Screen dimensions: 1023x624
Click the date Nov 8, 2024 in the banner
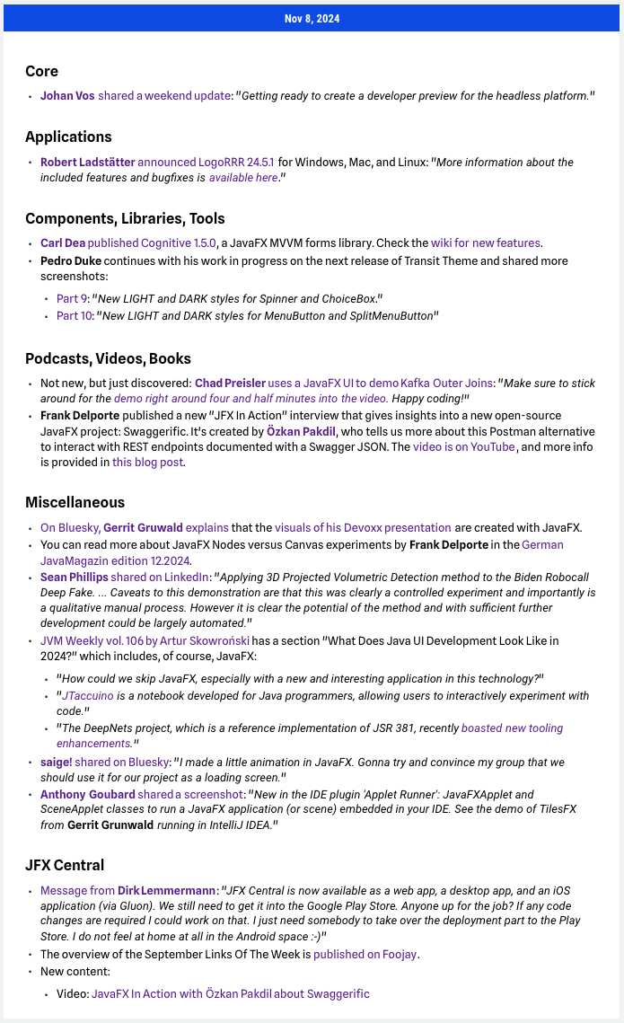312,19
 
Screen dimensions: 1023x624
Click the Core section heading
41,71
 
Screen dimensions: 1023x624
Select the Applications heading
68,137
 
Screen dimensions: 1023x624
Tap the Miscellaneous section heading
75,502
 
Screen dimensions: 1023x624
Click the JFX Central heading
65,865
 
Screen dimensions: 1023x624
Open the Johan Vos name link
67,95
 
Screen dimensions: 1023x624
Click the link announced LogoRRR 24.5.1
206,163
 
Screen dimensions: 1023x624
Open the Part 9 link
71,298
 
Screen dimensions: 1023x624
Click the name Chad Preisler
230,383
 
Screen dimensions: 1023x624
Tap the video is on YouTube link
463,446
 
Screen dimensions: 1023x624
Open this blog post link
148,463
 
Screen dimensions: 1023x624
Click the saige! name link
56,762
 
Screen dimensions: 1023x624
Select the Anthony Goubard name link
87,794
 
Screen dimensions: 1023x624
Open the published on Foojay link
365,954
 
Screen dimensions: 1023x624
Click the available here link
243,178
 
